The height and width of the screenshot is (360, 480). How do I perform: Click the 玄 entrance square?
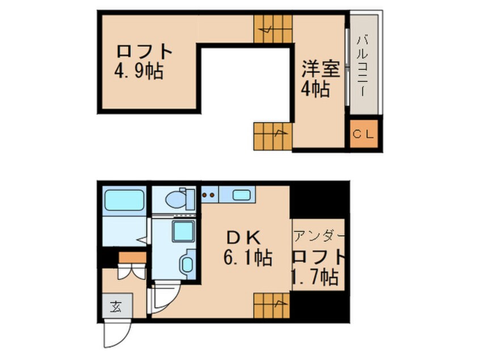point(116,308)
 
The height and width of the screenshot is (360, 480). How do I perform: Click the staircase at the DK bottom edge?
point(272,306)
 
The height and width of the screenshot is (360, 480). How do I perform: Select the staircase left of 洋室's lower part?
point(272,135)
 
